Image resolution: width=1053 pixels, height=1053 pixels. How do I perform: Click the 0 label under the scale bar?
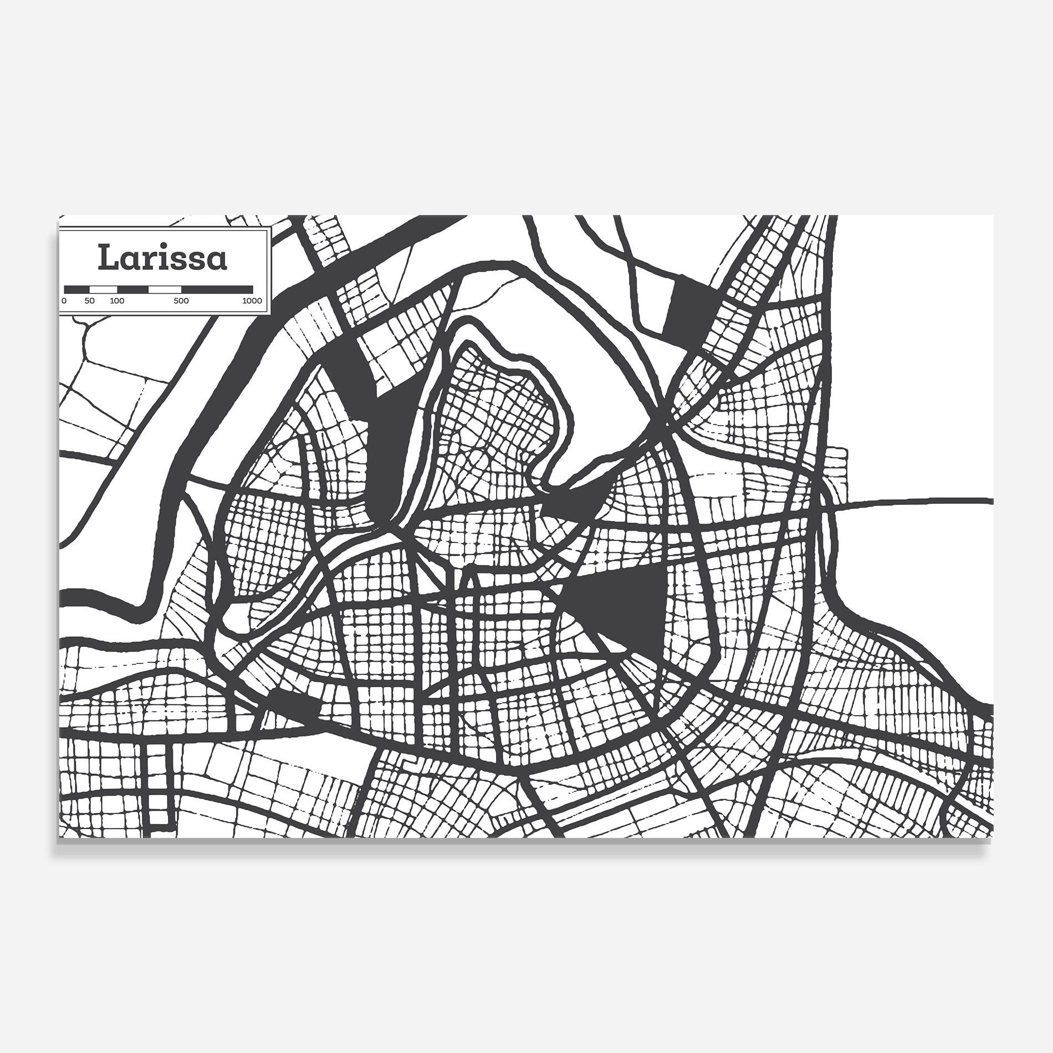coord(64,301)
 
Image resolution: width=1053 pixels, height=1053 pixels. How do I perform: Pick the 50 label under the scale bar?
coord(90,301)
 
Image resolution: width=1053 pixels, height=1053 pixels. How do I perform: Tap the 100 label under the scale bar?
coord(117,301)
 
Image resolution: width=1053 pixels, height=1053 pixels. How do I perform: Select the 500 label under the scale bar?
coord(181,301)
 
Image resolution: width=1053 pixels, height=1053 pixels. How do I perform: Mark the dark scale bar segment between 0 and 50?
coord(77,289)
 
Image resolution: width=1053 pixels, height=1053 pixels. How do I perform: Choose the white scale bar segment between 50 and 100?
coord(104,289)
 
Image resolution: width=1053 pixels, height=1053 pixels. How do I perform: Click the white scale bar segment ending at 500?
coord(165,289)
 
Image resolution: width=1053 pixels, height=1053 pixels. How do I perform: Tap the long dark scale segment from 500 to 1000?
coord(217,289)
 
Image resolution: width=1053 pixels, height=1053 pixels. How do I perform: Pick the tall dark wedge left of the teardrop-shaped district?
coord(396,432)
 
